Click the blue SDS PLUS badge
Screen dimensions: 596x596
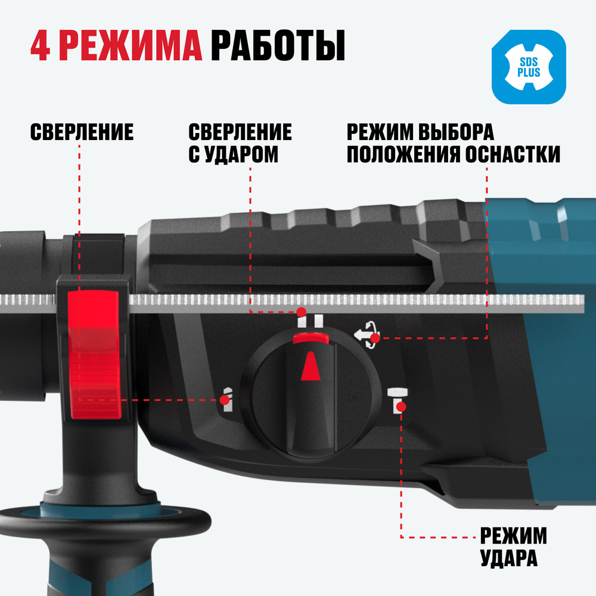(527, 67)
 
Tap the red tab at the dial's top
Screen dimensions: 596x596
(311, 339)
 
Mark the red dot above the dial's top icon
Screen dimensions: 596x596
(302, 312)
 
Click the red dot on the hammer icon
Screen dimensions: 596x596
(402, 406)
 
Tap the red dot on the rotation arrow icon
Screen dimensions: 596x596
(375, 339)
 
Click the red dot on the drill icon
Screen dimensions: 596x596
(223, 401)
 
